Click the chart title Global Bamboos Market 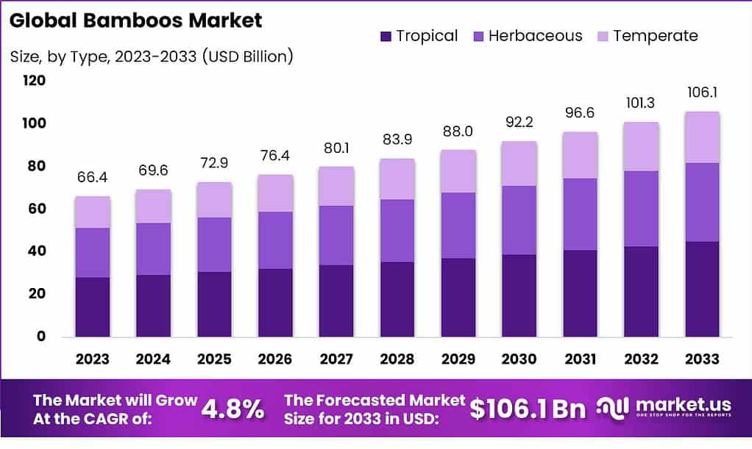[x=136, y=21]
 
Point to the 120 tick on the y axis [x=34, y=81]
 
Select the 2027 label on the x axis [x=336, y=359]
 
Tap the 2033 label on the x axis [x=702, y=359]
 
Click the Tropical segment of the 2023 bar [x=93, y=306]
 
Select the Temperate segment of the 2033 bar [x=702, y=137]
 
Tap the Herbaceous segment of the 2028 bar [x=397, y=231]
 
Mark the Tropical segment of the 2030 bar [x=519, y=295]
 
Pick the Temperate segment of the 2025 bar [x=214, y=199]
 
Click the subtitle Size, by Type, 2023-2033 [x=152, y=56]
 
